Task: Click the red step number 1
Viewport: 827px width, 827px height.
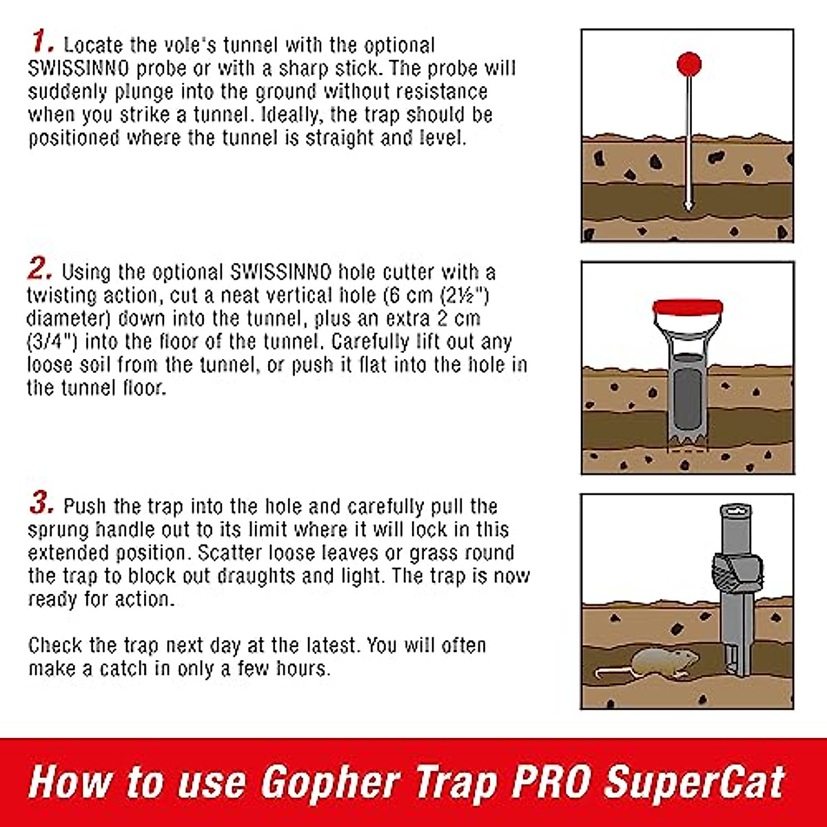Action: [41, 42]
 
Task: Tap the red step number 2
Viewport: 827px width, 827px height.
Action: [39, 268]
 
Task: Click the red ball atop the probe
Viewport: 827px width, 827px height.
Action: [688, 65]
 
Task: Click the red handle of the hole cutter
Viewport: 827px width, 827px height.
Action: [687, 307]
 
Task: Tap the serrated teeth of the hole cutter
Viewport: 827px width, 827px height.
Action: [686, 439]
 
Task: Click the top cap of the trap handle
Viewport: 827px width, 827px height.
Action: [737, 511]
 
